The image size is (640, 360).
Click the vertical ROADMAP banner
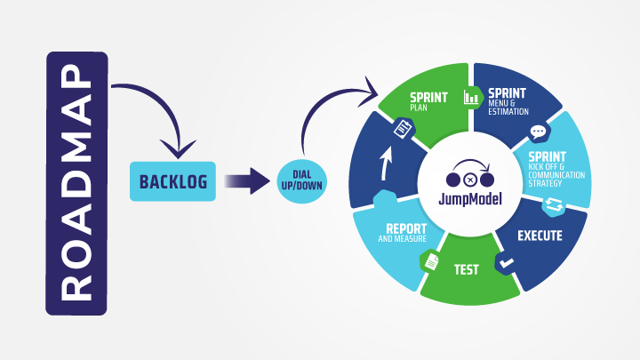pos(76,183)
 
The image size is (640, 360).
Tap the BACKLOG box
pos(173,182)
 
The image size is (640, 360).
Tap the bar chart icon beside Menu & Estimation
pos(470,97)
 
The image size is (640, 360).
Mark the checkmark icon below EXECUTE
pos(505,264)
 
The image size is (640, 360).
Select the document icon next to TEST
pos(430,261)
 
